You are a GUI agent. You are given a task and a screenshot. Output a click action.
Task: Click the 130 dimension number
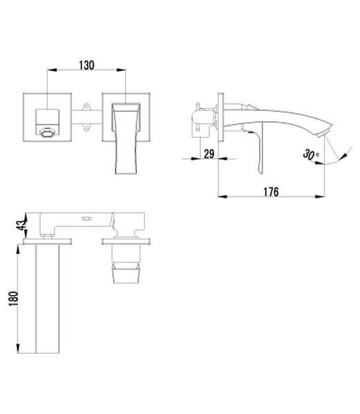[86, 65]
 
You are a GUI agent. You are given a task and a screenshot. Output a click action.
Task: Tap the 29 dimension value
[209, 153]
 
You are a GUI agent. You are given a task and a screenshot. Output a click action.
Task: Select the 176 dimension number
[271, 191]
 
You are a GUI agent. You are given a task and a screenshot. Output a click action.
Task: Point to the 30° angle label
[311, 154]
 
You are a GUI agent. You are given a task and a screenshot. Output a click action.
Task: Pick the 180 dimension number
[13, 299]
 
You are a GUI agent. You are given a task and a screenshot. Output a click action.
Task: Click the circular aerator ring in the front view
[47, 133]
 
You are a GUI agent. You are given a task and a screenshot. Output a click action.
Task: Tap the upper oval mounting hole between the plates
[86, 106]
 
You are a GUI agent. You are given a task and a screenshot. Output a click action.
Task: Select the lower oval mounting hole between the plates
[86, 128]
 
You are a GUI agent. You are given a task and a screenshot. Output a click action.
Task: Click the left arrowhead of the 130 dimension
[52, 70]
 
